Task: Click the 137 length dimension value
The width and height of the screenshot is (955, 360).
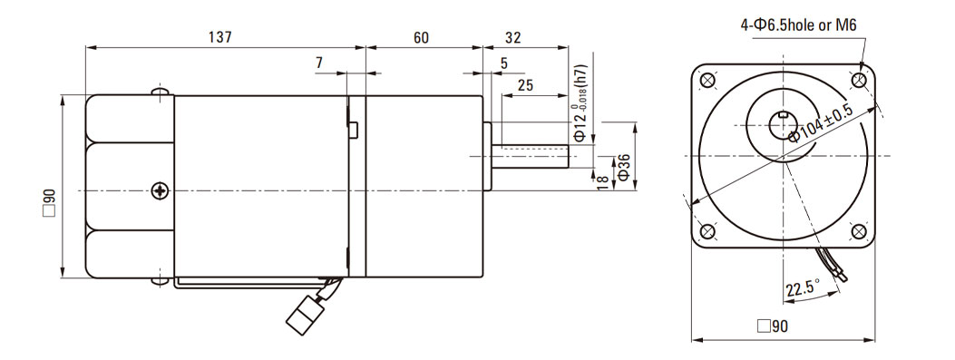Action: coord(219,37)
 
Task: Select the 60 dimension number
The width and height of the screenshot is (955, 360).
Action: coord(422,37)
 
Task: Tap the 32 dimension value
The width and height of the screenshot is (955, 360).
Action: coord(513,37)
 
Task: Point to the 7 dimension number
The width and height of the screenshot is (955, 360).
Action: coord(319,63)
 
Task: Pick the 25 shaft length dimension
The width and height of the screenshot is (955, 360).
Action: coord(526,84)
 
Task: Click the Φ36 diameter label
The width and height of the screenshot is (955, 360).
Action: coord(623,166)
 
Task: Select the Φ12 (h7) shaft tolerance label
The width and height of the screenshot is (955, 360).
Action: coord(581,103)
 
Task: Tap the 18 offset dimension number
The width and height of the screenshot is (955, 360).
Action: coord(603,182)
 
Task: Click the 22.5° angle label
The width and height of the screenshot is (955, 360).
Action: coord(803,287)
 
